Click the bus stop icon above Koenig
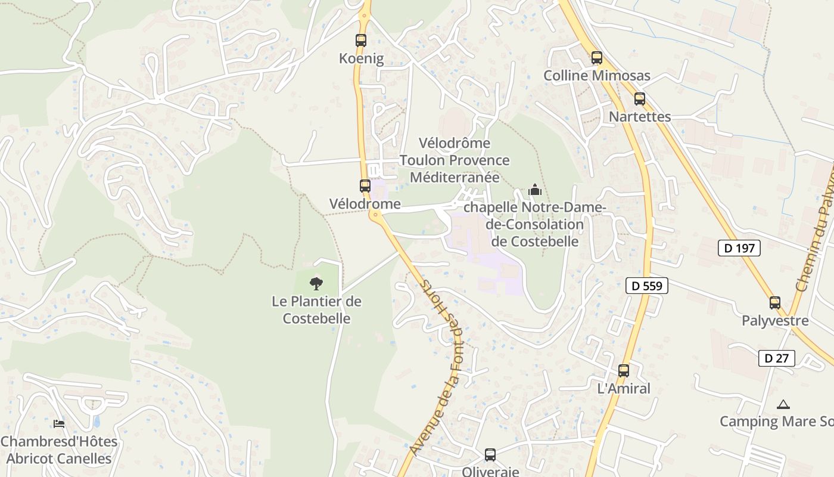tap(361, 41)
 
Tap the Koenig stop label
tap(361, 58)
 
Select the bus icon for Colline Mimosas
tap(596, 58)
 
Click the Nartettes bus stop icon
tap(640, 99)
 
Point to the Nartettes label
tap(640, 117)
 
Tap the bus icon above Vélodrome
tap(365, 186)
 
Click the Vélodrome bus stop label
tap(365, 204)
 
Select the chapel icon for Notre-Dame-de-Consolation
tap(535, 190)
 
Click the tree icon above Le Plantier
tap(316, 283)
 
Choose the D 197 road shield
tap(740, 248)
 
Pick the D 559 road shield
tap(647, 286)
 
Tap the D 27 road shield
tap(777, 358)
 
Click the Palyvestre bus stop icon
tap(775, 303)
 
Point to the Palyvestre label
tap(775, 321)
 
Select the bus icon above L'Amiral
tap(624, 371)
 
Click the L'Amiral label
tap(624, 389)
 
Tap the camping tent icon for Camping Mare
tap(783, 405)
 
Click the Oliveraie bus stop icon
tap(490, 455)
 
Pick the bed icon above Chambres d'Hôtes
tap(59, 424)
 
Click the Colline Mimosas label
tap(597, 76)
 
